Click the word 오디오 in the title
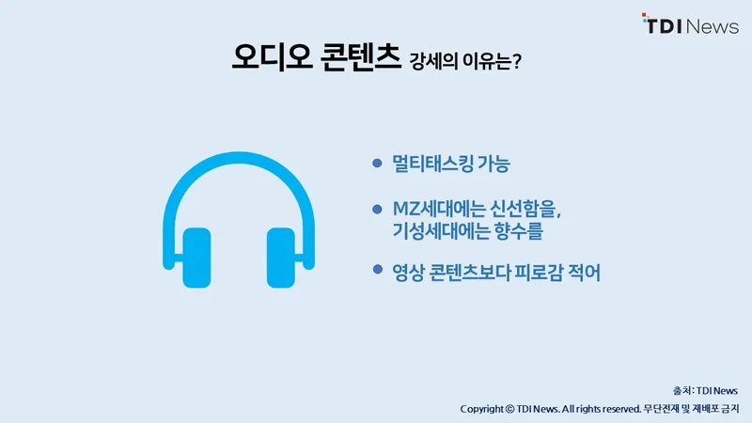272,57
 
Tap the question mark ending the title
516,61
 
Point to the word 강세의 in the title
433,61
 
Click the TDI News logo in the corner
690,24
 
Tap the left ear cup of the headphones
196,258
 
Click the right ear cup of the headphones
280,258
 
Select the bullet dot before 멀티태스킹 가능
378,163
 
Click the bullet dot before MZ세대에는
378,209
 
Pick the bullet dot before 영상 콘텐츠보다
378,269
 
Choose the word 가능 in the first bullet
494,164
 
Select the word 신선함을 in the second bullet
525,209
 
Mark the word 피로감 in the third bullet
539,273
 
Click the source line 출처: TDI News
705,391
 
